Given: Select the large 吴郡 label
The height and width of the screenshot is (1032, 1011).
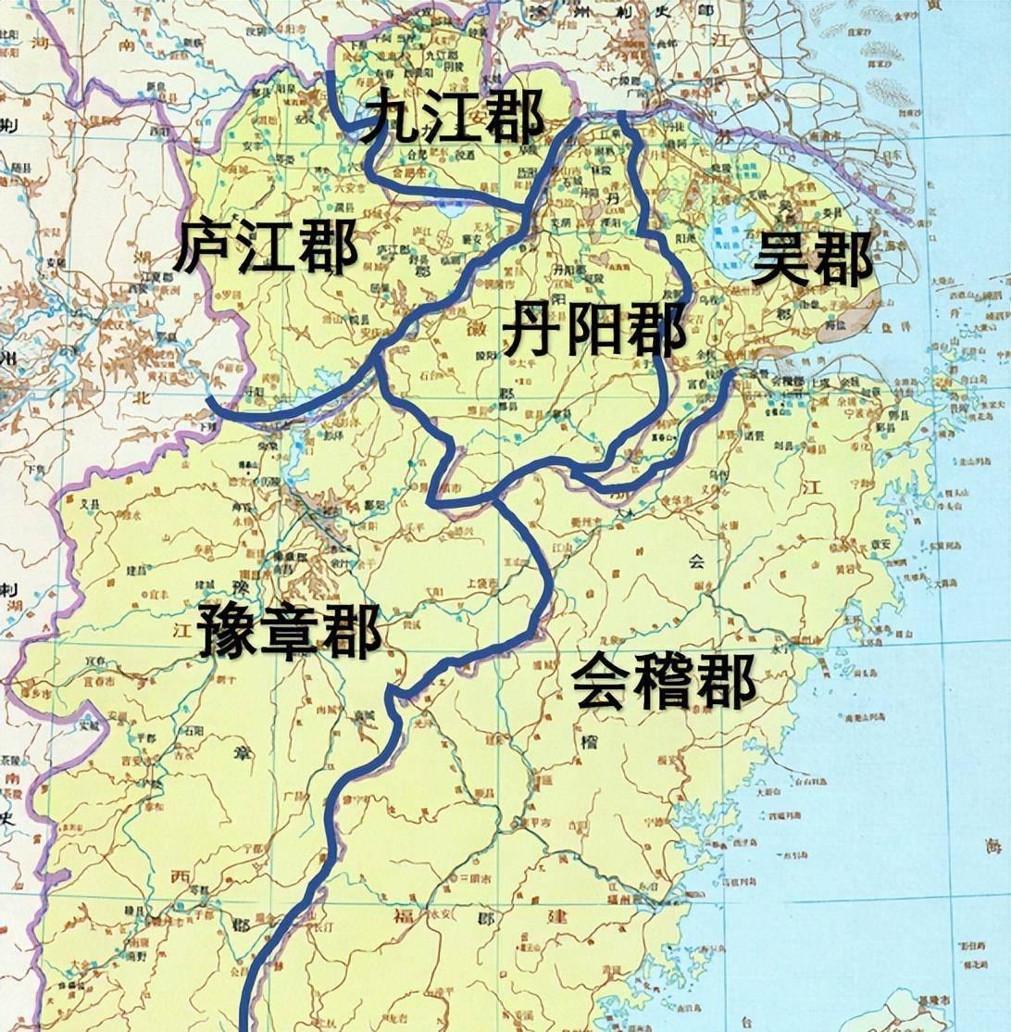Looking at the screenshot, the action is click(x=812, y=259).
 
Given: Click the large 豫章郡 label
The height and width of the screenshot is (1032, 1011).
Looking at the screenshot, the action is click(x=289, y=631).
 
